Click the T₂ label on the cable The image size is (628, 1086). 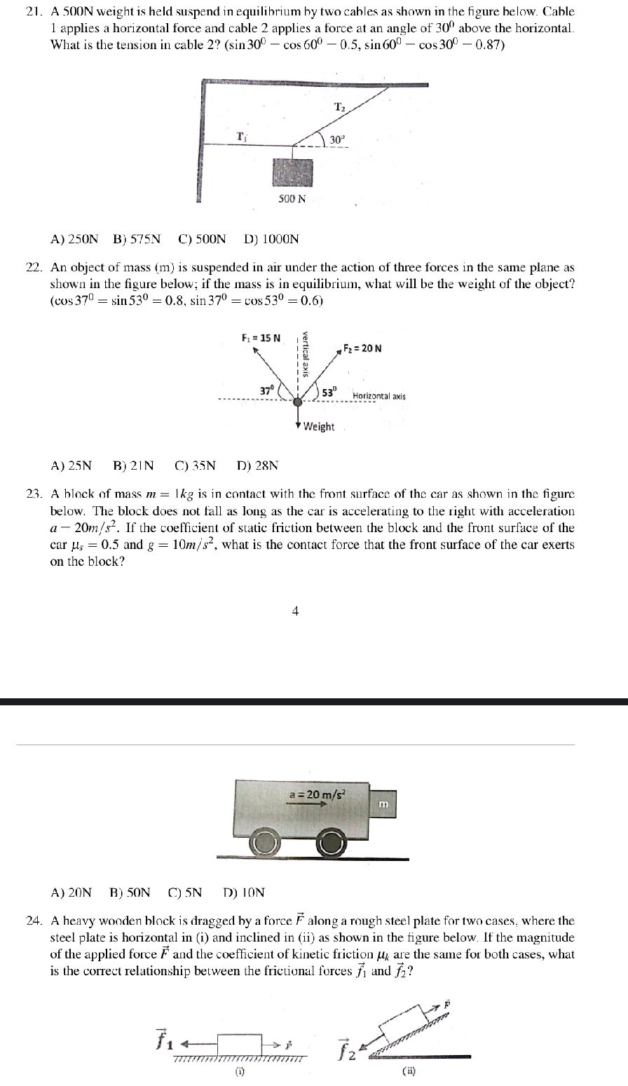[339, 107]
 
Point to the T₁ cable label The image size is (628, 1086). [241, 136]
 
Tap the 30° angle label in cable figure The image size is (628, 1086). [338, 140]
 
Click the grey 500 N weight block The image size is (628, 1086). [292, 172]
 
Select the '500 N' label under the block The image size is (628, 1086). [292, 198]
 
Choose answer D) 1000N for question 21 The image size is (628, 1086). [271, 239]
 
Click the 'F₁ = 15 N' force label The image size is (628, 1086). [261, 338]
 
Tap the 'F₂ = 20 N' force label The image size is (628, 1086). [362, 348]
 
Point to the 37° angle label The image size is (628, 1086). [267, 390]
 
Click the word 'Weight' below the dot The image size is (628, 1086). [319, 426]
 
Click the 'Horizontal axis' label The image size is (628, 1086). [378, 396]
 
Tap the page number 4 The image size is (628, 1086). [295, 611]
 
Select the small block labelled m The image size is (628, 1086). [383, 803]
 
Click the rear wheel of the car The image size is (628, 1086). [264, 844]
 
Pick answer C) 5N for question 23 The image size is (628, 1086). [185, 892]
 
